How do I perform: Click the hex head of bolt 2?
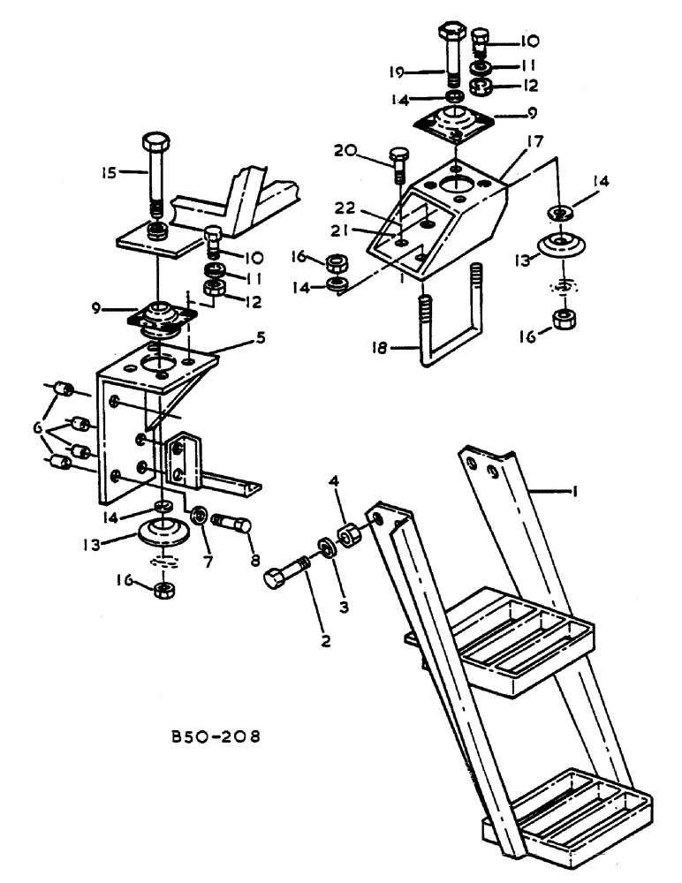tap(275, 578)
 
